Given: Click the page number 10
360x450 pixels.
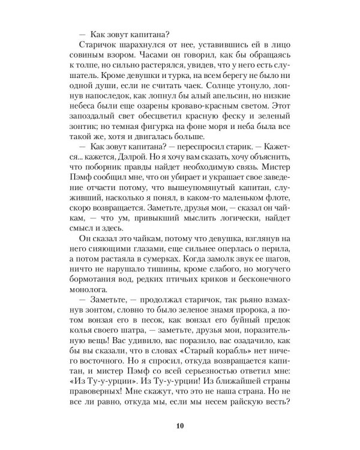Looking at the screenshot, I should [179, 410].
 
